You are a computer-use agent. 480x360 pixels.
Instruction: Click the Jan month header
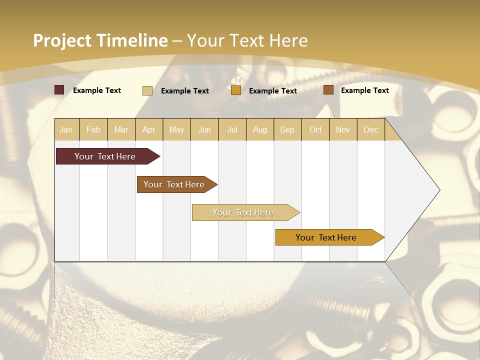66,129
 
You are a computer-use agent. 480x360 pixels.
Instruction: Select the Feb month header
93,129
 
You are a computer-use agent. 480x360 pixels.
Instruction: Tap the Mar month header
121,129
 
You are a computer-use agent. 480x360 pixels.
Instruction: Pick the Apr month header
149,129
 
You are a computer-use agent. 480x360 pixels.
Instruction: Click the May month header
176,129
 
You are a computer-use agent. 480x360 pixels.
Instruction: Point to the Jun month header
204,129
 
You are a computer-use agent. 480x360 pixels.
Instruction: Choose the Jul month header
232,129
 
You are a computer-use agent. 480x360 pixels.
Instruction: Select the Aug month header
260,129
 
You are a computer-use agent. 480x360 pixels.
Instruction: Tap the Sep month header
287,129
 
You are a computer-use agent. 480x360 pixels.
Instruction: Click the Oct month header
315,129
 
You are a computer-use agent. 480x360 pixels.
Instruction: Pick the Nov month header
343,129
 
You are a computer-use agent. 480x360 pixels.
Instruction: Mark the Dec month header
370,129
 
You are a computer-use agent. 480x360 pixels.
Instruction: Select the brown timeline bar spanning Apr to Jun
175,184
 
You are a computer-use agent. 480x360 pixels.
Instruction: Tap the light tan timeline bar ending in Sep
244,212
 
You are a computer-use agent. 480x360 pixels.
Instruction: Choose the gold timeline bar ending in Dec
327,237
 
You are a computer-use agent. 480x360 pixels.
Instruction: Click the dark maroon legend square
59,90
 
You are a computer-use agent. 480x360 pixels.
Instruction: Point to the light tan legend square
147,90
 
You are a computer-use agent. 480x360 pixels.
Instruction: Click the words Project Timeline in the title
100,40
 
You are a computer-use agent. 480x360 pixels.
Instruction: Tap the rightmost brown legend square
328,90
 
